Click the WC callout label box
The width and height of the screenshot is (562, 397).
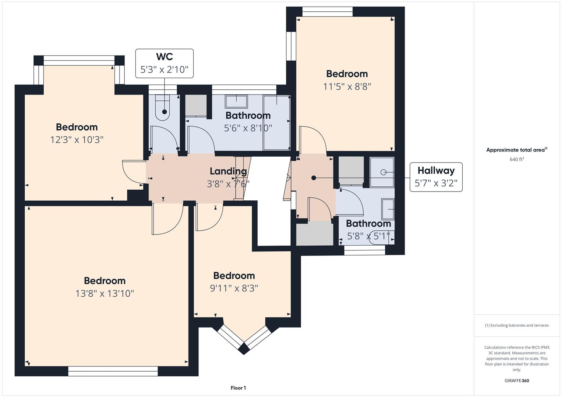click(x=165, y=63)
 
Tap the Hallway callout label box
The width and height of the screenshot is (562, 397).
click(x=436, y=177)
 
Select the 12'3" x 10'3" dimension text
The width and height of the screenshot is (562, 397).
click(x=77, y=140)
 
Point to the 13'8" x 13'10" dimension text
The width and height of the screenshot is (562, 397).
click(x=105, y=293)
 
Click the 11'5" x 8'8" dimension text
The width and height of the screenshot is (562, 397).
click(x=347, y=86)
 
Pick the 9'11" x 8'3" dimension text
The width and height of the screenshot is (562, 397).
click(x=234, y=288)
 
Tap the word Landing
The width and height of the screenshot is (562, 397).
click(x=228, y=171)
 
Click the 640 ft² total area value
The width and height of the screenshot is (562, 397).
click(x=517, y=159)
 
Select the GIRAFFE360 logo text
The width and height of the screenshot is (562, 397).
click(x=517, y=380)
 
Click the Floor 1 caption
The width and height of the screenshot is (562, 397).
click(x=238, y=388)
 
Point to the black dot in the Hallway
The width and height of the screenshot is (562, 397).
click(x=314, y=178)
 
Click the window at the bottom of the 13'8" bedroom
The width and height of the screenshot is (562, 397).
click(x=113, y=371)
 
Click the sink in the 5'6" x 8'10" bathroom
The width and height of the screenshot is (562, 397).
click(x=236, y=102)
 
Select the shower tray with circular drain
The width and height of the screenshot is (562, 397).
click(x=382, y=172)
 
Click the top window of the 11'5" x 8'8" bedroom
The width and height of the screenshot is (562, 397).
click(x=328, y=11)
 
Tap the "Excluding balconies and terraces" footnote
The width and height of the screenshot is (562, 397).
click(x=517, y=325)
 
